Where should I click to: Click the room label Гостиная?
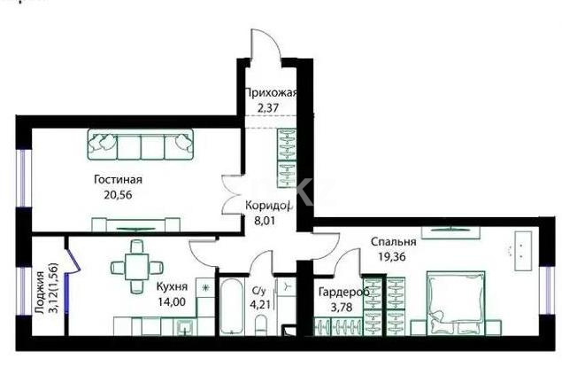pyautogui.click(x=118, y=180)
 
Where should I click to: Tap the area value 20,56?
pyautogui.click(x=118, y=197)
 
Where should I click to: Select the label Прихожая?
pyautogui.click(x=270, y=93)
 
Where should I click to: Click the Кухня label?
pyautogui.click(x=172, y=286)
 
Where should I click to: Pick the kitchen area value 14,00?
pyautogui.click(x=171, y=301)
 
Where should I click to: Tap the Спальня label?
pyautogui.click(x=394, y=242)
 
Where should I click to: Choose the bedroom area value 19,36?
pyautogui.click(x=390, y=258)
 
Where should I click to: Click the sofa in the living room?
pyautogui.click(x=141, y=143)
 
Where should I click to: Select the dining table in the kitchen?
pyautogui.click(x=136, y=265)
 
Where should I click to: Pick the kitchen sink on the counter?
pyautogui.click(x=185, y=328)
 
